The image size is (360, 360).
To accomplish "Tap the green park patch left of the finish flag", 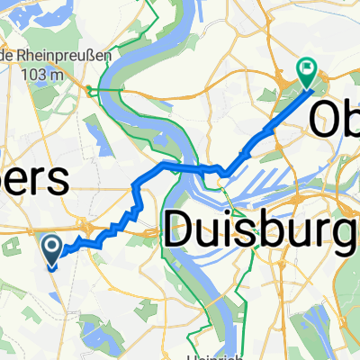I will coord(286,90).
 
